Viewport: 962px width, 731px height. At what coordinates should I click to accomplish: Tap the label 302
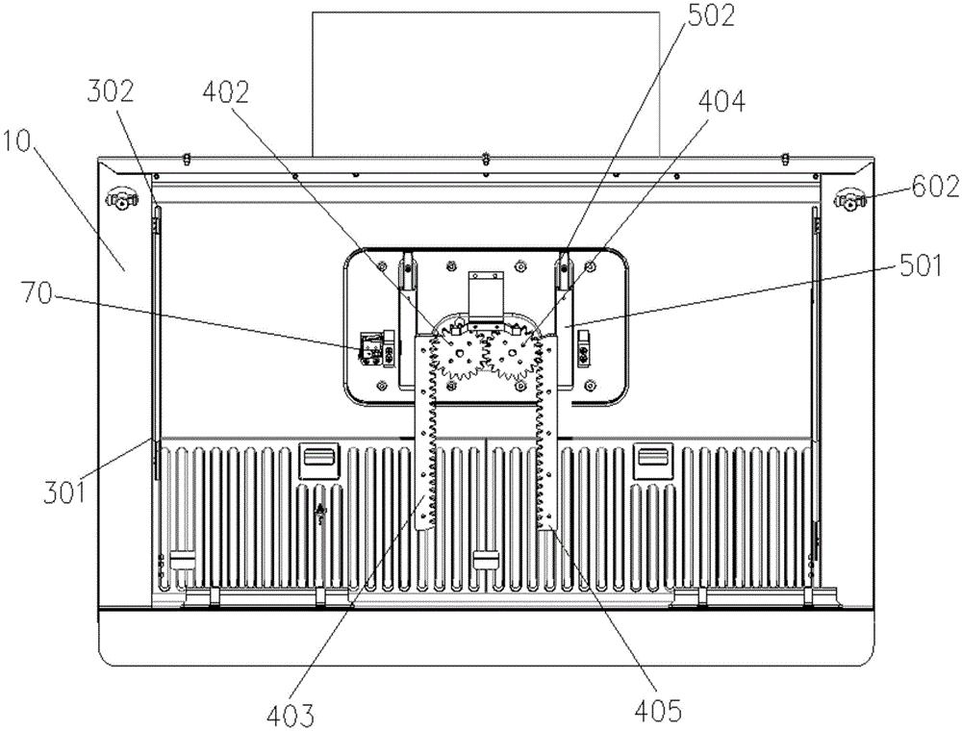pos(111,92)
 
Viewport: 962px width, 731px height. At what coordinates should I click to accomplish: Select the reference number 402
pos(226,92)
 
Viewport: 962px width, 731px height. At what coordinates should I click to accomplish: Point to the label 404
pos(721,102)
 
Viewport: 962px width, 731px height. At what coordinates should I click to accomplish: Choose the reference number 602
pos(935,187)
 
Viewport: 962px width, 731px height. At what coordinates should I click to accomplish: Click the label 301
pos(64,492)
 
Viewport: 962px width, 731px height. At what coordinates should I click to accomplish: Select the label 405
pos(657,710)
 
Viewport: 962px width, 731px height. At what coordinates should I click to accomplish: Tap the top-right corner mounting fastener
pos(848,199)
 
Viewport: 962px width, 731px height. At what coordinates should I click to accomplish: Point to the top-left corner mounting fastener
pos(122,199)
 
